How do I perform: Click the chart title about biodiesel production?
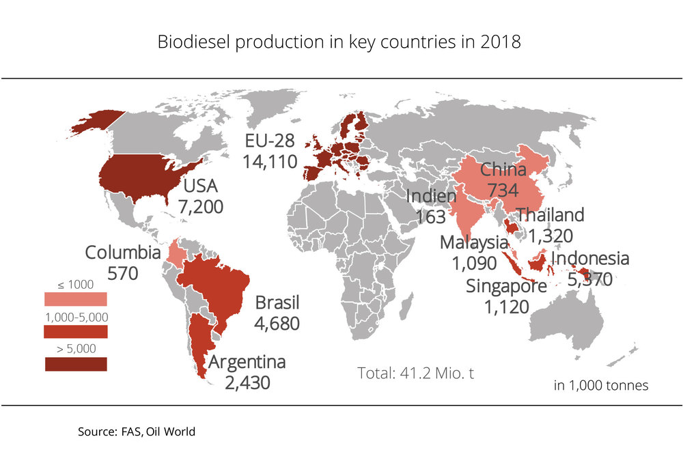[x=339, y=42]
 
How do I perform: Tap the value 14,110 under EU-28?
[x=270, y=162]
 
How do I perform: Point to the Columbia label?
[x=123, y=253]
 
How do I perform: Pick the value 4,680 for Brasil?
[x=277, y=322]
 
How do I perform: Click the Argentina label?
[x=247, y=362]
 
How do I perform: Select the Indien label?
[x=430, y=197]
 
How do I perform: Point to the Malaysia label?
[x=474, y=242]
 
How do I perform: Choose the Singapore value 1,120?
[x=506, y=306]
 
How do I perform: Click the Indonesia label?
[x=589, y=259]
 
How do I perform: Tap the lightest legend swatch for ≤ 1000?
[x=75, y=299]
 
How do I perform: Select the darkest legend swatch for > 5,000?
[x=75, y=364]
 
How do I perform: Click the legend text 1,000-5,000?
[x=75, y=317]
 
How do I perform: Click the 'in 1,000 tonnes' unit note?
[x=600, y=385]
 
